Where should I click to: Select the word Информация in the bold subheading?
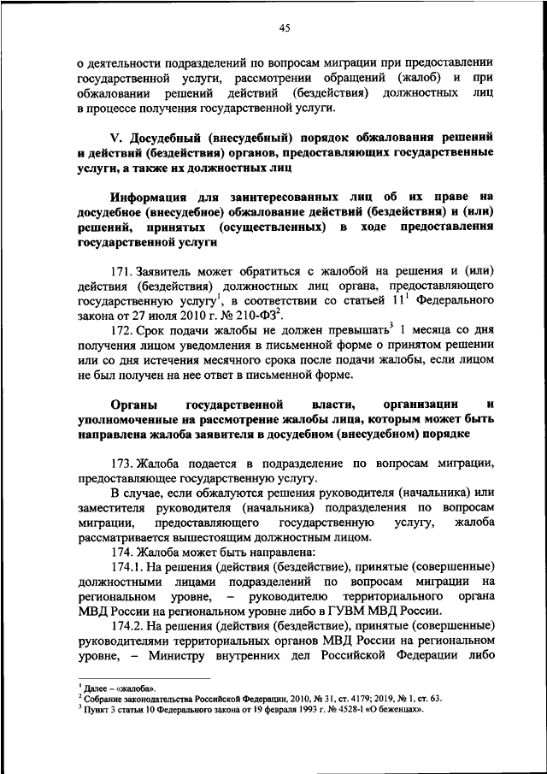(x=147, y=198)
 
